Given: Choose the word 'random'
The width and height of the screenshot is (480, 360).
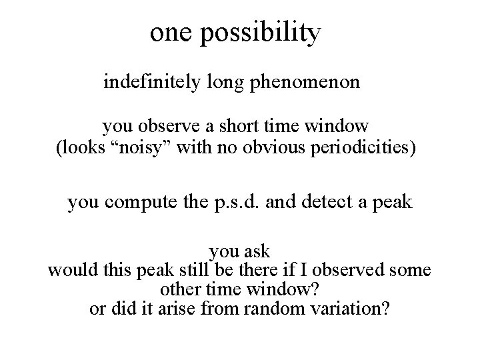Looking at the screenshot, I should pos(270,310).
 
